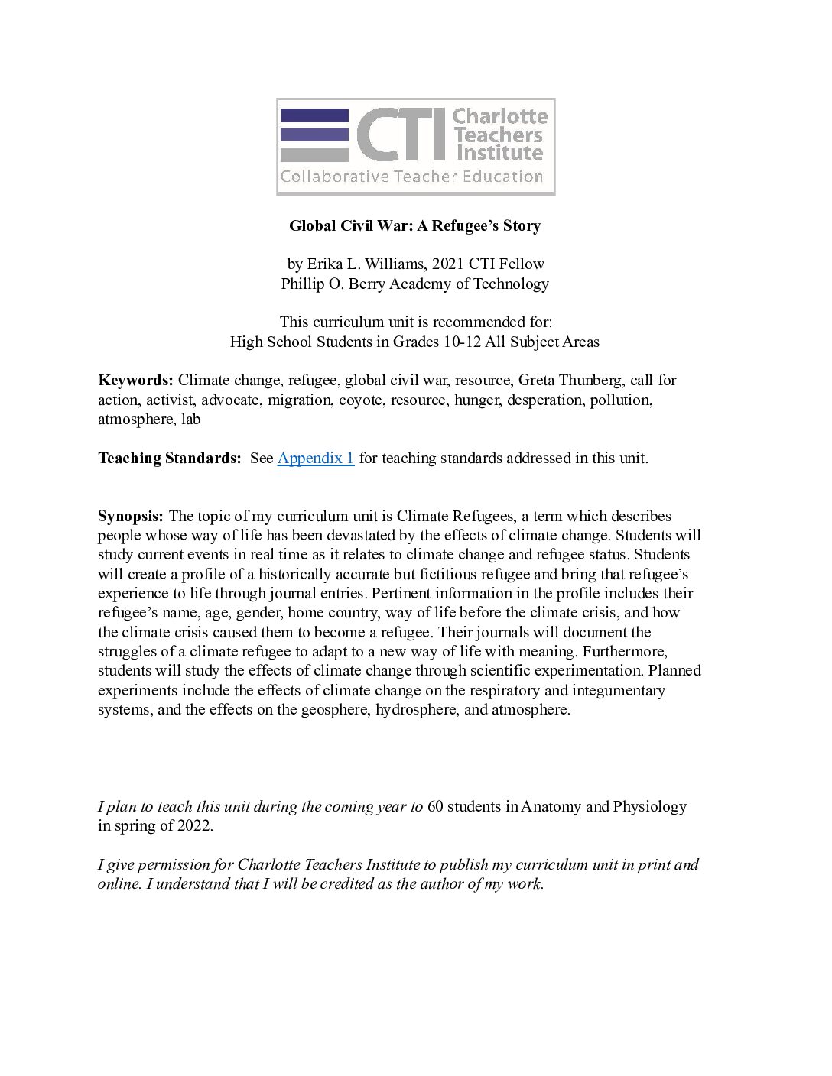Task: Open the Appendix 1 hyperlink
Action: point(315,458)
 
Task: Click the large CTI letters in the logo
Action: point(400,134)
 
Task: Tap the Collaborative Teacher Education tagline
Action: point(411,177)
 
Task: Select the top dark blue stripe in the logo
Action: point(314,116)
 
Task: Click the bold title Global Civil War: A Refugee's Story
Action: point(414,225)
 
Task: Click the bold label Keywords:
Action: point(136,380)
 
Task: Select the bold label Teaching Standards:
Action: point(170,458)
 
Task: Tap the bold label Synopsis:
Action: point(131,516)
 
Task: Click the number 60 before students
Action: point(435,806)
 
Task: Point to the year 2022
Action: point(195,825)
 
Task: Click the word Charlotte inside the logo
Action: point(500,116)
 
